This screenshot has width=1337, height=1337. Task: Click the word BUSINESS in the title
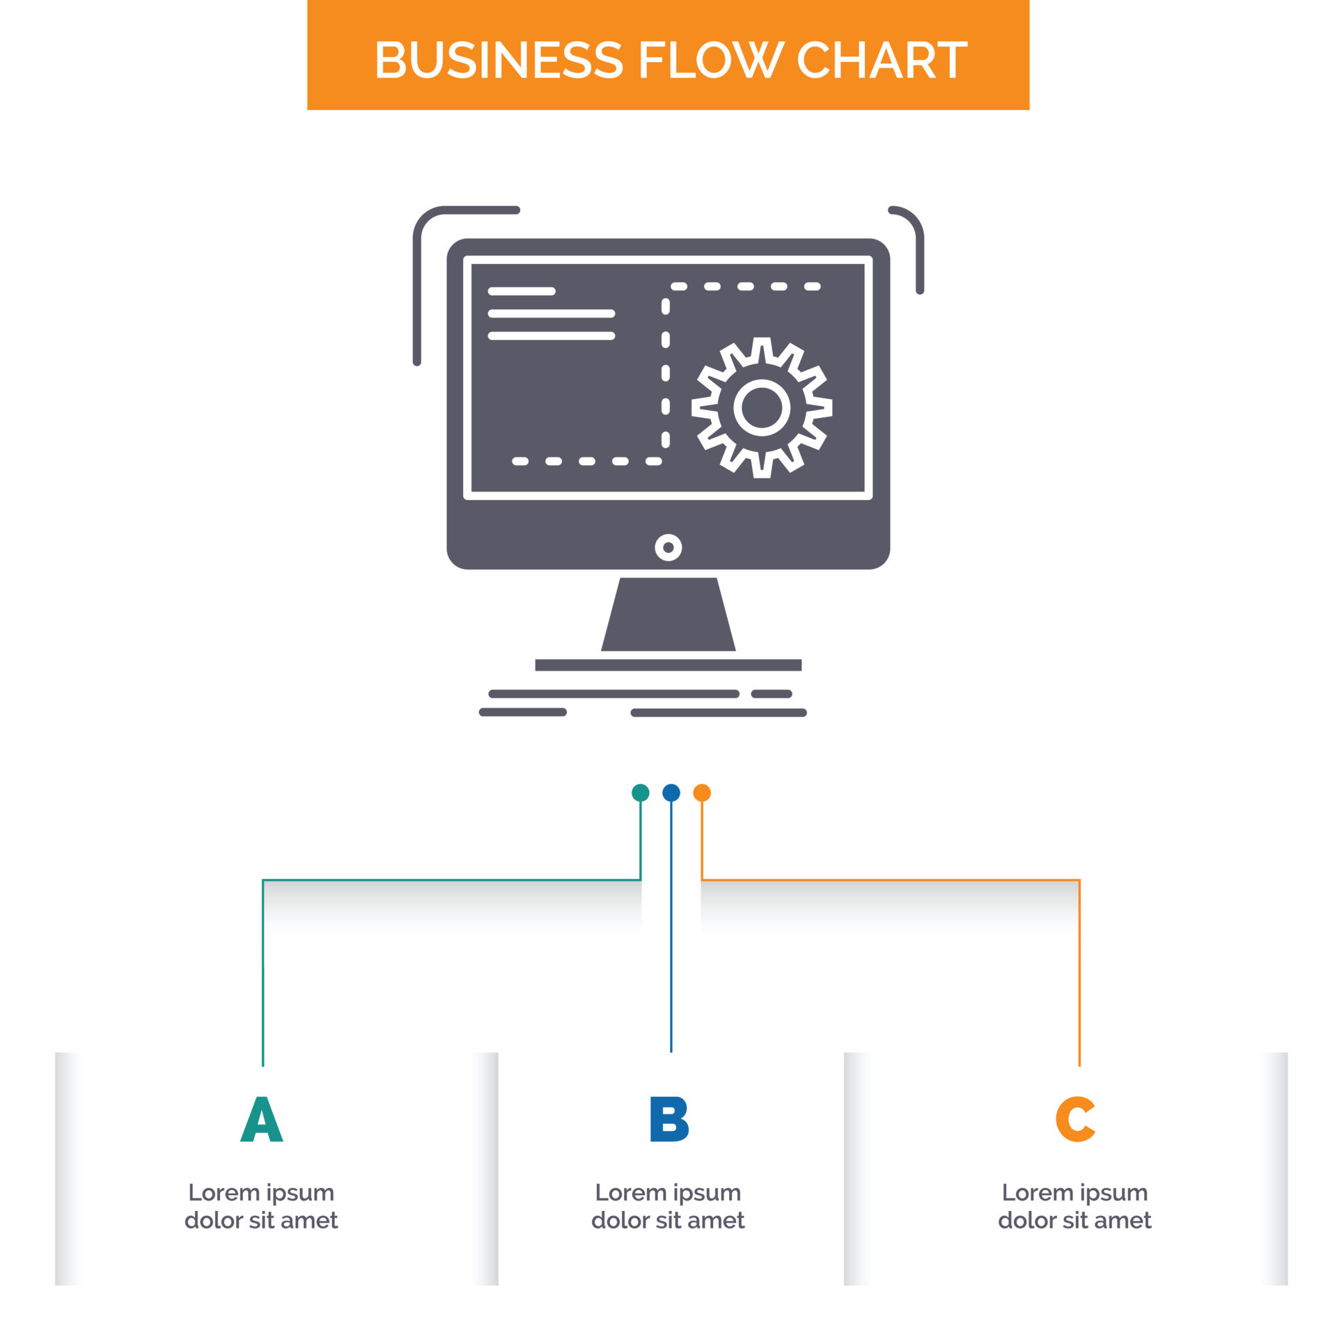(499, 60)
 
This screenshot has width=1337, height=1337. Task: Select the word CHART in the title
(881, 60)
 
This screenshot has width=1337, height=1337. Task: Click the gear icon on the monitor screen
(761, 407)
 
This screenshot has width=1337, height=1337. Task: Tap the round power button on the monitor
(668, 547)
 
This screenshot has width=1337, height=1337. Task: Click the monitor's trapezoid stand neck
(668, 614)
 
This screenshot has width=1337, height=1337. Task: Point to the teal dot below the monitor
(640, 792)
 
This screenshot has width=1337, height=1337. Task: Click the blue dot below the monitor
(671, 792)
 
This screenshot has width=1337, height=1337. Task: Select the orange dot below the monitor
(701, 792)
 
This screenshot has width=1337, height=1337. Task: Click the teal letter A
(261, 1119)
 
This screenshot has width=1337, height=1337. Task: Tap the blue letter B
(668, 1119)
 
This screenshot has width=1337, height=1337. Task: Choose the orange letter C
(1075, 1119)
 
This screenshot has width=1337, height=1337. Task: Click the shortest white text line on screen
(522, 291)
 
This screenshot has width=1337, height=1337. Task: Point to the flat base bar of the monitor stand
(668, 665)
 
